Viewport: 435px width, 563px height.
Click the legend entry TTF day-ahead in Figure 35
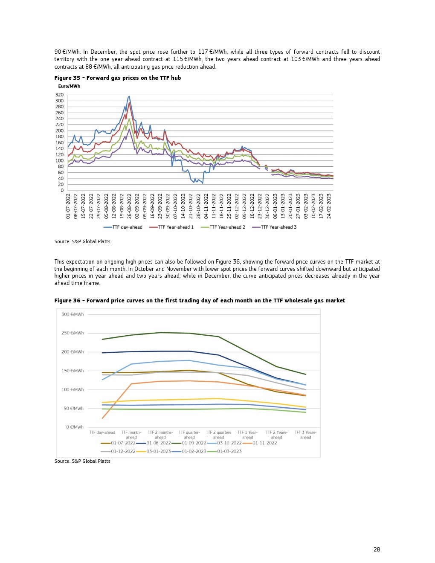tap(127, 227)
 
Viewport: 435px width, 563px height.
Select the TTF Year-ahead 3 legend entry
tap(278, 227)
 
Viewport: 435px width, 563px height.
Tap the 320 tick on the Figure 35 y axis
tap(59, 95)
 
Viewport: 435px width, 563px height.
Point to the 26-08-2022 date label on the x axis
tap(130, 206)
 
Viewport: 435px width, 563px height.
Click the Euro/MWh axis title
tap(69, 86)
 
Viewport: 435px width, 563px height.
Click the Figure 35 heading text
tap(118, 78)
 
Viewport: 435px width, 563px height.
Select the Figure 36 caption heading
tap(200, 301)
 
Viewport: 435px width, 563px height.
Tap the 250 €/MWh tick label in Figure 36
tap(72, 333)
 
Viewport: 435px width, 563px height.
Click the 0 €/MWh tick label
tap(75, 427)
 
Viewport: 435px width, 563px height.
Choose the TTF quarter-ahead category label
tap(189, 435)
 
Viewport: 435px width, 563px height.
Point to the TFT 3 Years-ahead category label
tap(305, 435)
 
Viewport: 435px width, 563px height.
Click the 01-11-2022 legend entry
tap(264, 443)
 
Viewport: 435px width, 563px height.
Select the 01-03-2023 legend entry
tap(229, 451)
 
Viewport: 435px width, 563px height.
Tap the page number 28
tap(377, 549)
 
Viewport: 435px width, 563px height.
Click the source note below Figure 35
tap(82, 241)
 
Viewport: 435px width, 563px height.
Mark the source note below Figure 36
tap(82, 461)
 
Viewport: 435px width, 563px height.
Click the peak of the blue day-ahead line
tap(129, 96)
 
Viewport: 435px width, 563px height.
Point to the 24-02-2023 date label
tap(329, 206)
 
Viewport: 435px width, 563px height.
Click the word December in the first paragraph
tap(103, 52)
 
